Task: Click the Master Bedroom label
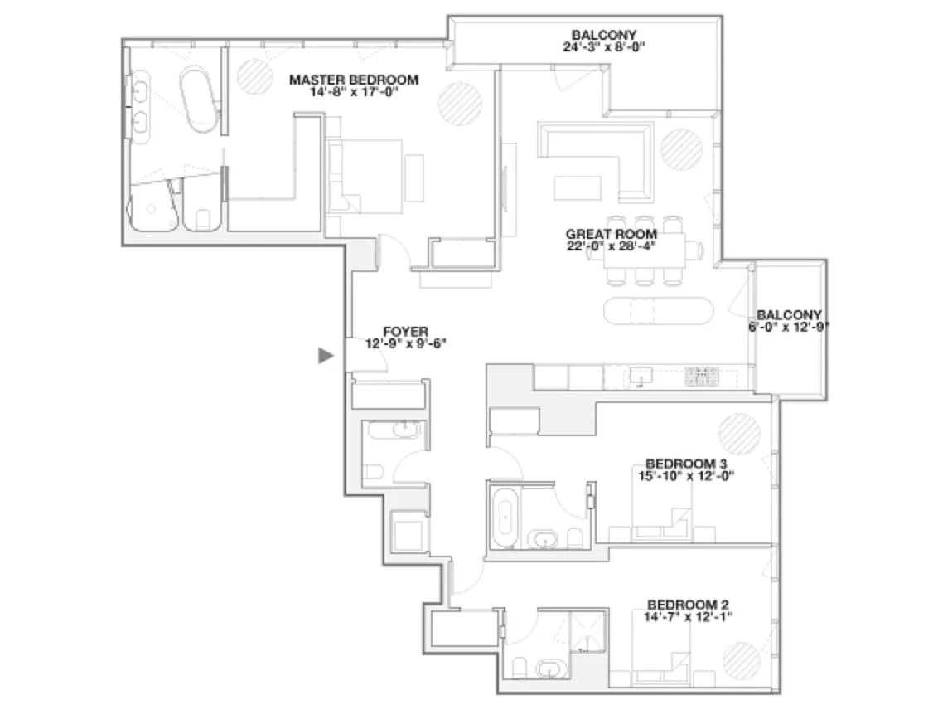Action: [354, 80]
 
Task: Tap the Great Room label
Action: [612, 234]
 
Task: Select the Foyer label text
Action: [405, 332]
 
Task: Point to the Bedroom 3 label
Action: [686, 464]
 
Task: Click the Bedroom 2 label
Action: [688, 605]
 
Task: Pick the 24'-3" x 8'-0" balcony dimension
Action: [604, 47]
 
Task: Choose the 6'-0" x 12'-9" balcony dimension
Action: [789, 326]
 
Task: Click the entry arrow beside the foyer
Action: [326, 356]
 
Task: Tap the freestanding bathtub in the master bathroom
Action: [200, 100]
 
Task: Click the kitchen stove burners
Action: [702, 376]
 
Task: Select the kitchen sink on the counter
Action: [641, 375]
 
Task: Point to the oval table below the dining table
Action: [658, 310]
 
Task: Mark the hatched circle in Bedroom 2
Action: [742, 661]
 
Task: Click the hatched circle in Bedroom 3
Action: [740, 434]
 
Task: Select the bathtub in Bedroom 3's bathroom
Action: [505, 516]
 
